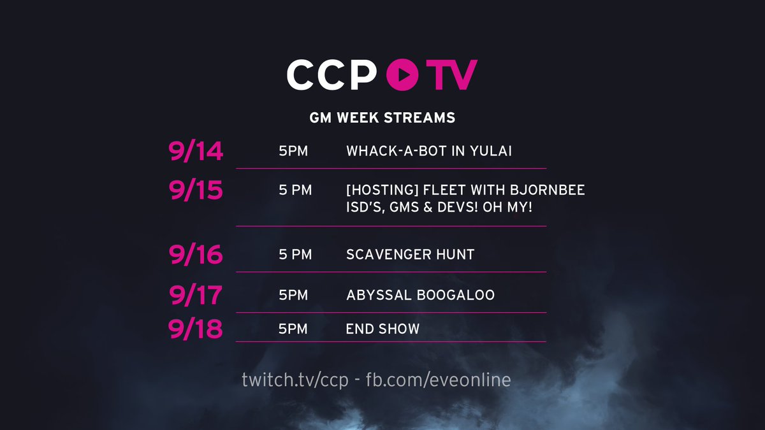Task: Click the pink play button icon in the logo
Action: point(402,75)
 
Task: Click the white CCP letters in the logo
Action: point(331,75)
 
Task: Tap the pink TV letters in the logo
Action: point(451,75)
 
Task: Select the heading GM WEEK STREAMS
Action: point(382,118)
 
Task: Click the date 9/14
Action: point(196,151)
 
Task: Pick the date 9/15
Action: point(196,190)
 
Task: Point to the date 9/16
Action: point(196,254)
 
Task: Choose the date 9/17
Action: point(196,295)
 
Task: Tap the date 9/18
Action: point(195,329)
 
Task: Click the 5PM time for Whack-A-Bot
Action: point(293,151)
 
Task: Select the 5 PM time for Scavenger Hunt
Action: point(295,255)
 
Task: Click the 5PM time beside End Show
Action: point(293,329)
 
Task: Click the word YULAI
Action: point(490,151)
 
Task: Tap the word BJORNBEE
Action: point(547,190)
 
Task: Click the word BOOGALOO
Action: point(456,295)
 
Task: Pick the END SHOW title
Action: point(382,329)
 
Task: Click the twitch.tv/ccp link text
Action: point(295,380)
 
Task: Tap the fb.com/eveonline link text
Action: point(438,380)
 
